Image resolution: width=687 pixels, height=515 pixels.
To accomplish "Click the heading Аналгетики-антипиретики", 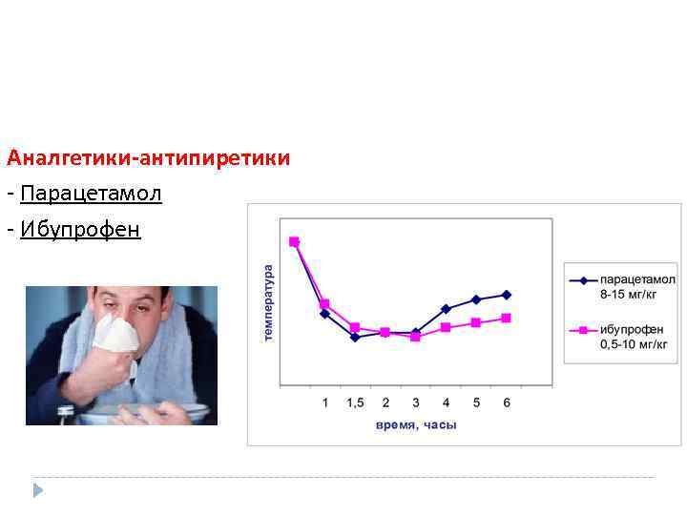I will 148,157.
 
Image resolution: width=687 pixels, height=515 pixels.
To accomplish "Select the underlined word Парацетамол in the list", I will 91,195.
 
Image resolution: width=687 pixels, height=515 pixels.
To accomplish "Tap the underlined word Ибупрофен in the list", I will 80,230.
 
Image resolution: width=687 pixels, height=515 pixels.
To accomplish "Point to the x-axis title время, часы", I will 416,424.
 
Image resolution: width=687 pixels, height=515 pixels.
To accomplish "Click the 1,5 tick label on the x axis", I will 355,402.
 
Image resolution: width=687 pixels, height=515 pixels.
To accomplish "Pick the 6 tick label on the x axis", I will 507,402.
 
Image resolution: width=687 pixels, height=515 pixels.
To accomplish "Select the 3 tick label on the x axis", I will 416,402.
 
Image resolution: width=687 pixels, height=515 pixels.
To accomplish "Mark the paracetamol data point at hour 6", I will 507,295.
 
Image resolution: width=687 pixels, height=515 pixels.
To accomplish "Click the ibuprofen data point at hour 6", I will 507,318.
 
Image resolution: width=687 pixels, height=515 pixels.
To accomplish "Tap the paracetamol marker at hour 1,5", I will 355,337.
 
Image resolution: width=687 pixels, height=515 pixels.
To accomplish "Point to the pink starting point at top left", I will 294,241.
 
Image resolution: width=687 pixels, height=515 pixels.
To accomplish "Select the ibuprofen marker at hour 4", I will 446,327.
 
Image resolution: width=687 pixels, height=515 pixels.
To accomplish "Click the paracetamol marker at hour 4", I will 446,309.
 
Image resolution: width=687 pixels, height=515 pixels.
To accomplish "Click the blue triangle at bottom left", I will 38,490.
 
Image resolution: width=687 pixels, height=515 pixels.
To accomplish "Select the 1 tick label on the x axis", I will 324,402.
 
